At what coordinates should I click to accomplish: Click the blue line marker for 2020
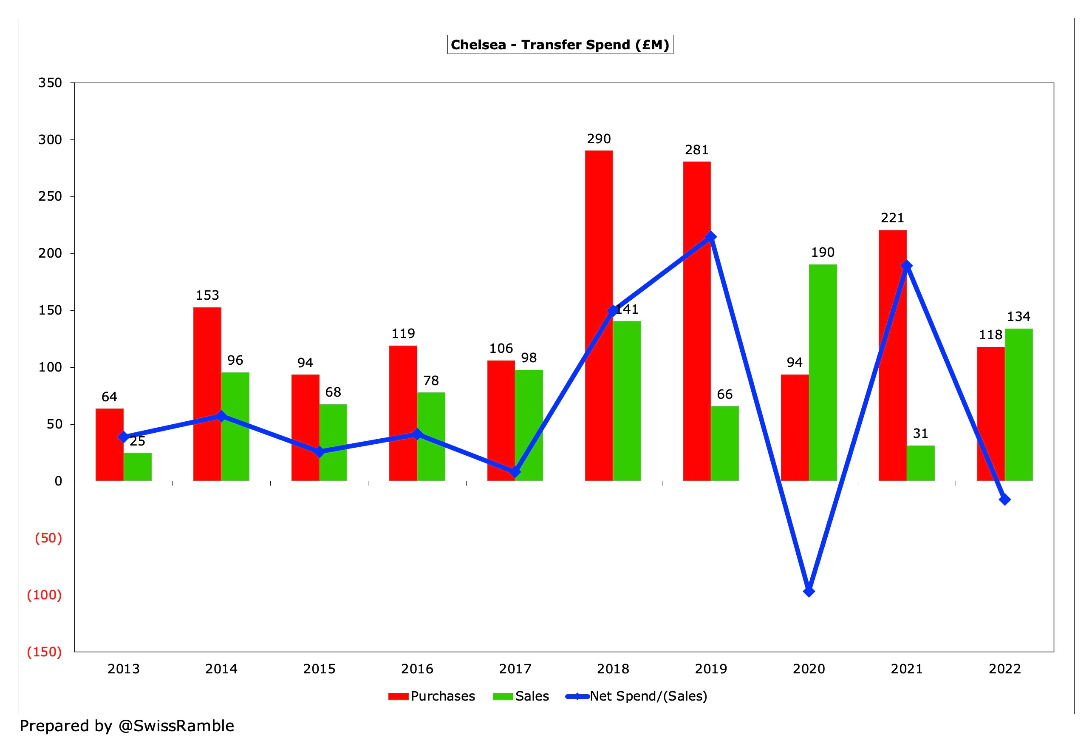(809, 591)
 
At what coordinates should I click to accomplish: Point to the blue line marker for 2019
(711, 237)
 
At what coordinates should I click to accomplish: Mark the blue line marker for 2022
(1004, 500)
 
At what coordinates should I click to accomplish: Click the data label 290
(599, 139)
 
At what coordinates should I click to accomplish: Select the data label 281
(696, 150)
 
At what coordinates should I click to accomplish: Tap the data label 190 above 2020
(823, 253)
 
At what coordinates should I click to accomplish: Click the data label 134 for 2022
(1018, 316)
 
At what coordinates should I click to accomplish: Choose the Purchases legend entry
(431, 696)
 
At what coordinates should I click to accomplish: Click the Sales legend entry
(521, 696)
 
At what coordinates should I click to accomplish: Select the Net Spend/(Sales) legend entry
(637, 696)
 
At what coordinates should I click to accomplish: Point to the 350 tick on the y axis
(50, 83)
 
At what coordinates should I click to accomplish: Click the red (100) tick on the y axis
(44, 595)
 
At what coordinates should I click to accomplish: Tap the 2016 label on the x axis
(417, 669)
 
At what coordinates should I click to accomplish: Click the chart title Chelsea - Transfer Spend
(560, 45)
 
